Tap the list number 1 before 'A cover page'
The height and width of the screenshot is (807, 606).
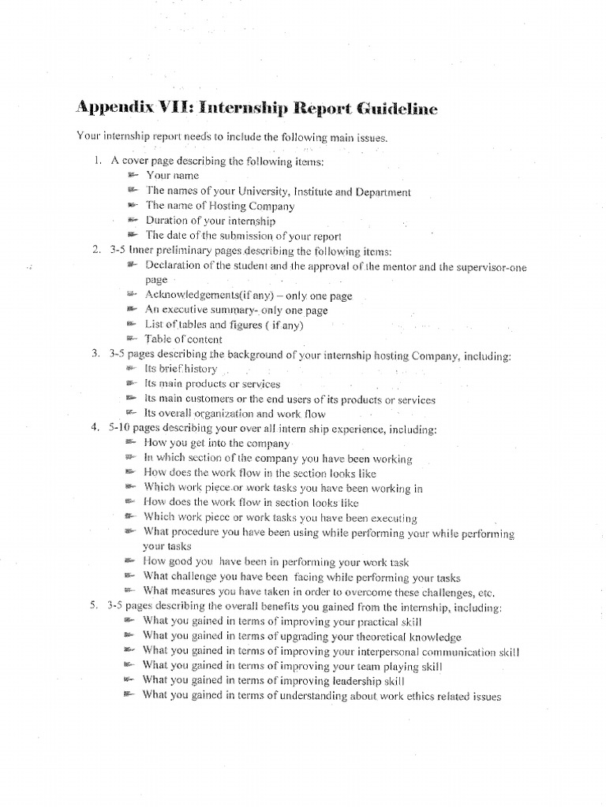[95, 161]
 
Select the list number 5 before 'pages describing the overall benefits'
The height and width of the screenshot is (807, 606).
[95, 608]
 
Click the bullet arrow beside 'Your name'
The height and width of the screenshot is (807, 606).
[132, 175]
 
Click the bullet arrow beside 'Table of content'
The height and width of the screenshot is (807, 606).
[132, 338]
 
